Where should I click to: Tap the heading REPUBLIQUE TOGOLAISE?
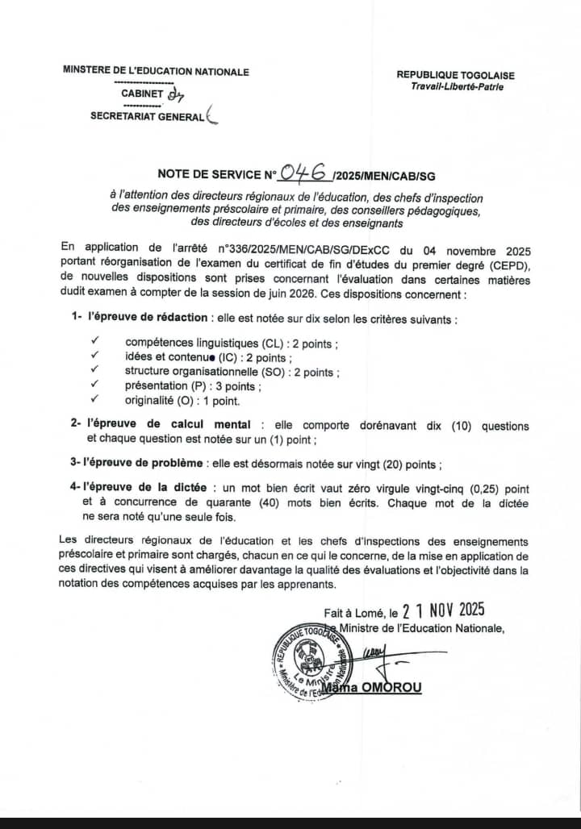[455, 75]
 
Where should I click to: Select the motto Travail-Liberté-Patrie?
[456, 86]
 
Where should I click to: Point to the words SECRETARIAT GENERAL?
[147, 117]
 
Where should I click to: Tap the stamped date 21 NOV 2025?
[444, 610]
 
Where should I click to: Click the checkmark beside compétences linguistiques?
[95, 343]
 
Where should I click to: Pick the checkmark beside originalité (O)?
[95, 399]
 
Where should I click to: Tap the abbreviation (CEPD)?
[497, 265]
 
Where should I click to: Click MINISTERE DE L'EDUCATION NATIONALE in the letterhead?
[156, 71]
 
